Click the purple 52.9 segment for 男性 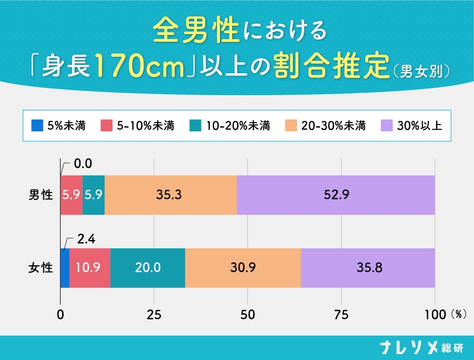[336, 195]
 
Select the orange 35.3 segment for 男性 [171, 195]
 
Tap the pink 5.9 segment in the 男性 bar [71, 195]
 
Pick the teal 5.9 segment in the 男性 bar [94, 195]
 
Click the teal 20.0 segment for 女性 [148, 268]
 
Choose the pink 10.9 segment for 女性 [90, 268]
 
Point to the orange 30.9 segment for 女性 [243, 268]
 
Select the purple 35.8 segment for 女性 [368, 268]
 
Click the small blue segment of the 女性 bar [65, 268]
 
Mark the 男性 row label [41, 195]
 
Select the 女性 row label [41, 268]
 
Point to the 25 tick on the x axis [154, 315]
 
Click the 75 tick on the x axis [341, 315]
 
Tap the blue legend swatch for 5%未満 [37, 125]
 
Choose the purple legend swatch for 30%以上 [386, 125]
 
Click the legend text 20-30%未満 [333, 125]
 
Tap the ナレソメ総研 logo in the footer [421, 347]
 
